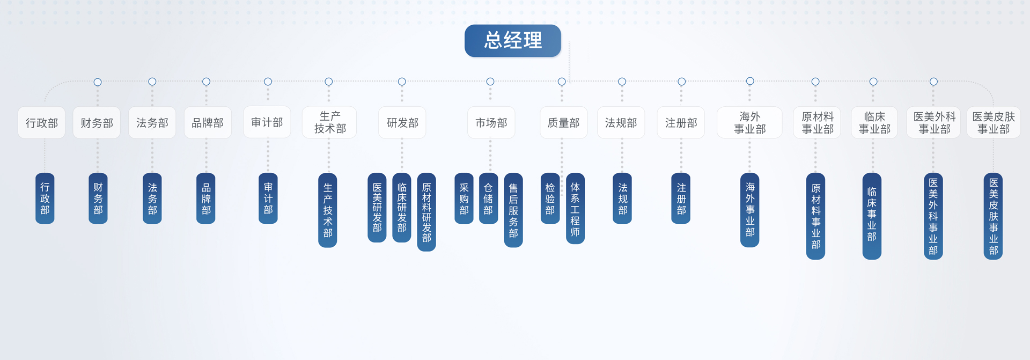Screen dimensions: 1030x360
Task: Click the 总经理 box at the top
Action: [513, 41]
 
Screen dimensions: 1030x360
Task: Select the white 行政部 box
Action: [42, 123]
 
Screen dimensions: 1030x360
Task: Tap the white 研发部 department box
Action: [402, 123]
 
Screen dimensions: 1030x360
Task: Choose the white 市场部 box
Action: [491, 123]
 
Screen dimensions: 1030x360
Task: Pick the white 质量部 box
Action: [563, 123]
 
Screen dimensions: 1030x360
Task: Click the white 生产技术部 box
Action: [329, 123]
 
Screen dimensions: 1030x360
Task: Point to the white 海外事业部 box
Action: [750, 123]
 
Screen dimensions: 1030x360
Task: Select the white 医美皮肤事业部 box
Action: [994, 123]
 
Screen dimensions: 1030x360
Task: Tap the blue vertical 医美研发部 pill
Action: [377, 208]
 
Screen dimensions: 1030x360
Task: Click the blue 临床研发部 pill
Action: [402, 208]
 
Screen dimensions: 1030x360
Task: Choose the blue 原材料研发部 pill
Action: [426, 212]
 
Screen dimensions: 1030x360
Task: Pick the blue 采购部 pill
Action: [464, 199]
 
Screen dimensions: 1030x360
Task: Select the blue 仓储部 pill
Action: [488, 199]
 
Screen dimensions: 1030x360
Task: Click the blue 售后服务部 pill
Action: [513, 210]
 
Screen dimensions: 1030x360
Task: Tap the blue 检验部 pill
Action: [550, 199]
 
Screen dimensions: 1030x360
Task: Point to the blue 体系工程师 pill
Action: [575, 208]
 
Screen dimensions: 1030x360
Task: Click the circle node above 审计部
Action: [268, 82]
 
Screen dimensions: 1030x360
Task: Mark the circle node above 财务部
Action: [98, 82]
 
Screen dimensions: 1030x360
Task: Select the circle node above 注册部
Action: [681, 82]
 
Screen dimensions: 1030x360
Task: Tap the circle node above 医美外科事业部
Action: [933, 82]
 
